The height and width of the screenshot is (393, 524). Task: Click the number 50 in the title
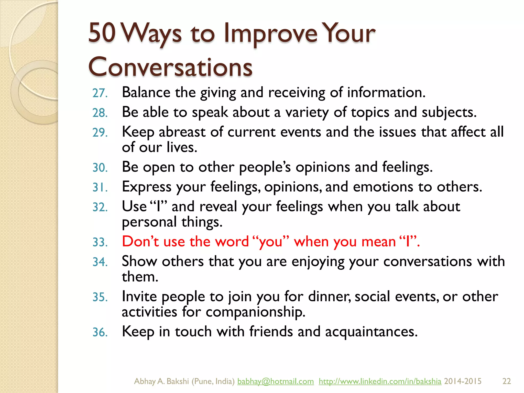(102, 33)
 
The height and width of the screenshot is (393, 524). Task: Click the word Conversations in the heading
(170, 67)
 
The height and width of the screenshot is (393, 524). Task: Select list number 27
(100, 93)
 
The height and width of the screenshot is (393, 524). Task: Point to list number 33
(100, 242)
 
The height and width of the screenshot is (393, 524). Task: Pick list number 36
(100, 332)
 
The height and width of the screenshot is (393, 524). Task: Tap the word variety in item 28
(307, 113)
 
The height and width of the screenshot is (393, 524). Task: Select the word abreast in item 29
(182, 132)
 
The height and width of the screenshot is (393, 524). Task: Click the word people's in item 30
(265, 167)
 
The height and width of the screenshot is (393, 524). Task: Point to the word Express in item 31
(146, 187)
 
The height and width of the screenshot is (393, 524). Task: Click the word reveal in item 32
(218, 206)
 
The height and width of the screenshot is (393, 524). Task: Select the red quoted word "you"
(271, 242)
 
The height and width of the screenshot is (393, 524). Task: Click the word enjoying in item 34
(318, 262)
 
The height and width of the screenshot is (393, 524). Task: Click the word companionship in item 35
(255, 312)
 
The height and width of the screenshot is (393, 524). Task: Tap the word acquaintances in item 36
(371, 332)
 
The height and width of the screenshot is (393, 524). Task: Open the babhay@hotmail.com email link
(275, 381)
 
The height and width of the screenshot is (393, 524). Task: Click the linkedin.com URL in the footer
(380, 381)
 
